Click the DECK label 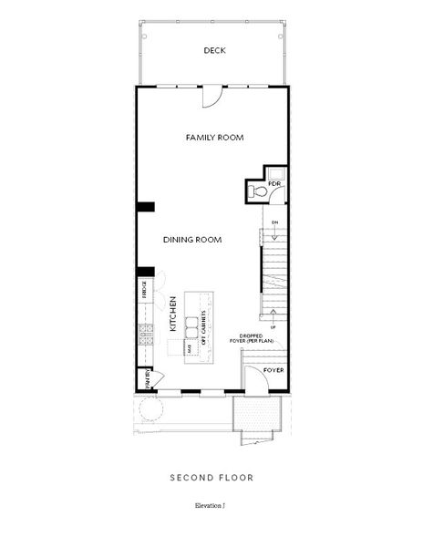coord(214,51)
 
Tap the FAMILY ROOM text coord(214,137)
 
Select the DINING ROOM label coord(193,240)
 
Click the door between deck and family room coord(212,93)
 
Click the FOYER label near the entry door coord(273,371)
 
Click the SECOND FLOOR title coord(211,477)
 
